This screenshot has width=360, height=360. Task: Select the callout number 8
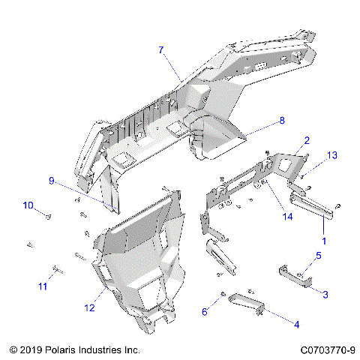(x=282, y=119)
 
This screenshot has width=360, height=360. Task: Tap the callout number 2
(x=307, y=140)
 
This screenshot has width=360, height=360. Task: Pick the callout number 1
(x=325, y=241)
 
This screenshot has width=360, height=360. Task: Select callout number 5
(x=317, y=256)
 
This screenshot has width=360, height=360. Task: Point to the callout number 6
(x=205, y=311)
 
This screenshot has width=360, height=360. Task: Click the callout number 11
(x=43, y=286)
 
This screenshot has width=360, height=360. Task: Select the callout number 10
(x=27, y=205)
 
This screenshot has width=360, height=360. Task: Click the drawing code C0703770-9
(x=327, y=349)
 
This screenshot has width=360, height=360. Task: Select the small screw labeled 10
(x=47, y=216)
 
